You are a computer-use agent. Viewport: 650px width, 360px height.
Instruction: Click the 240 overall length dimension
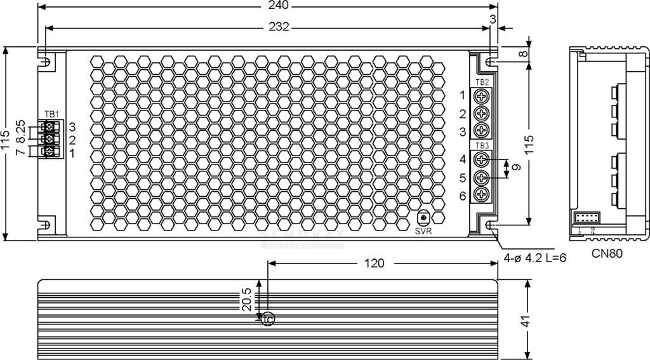coord(279,6)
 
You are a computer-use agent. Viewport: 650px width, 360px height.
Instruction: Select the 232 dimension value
coord(279,27)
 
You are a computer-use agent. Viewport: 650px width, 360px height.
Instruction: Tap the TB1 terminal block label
coord(52,114)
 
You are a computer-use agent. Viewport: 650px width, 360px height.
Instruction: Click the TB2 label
coord(482,82)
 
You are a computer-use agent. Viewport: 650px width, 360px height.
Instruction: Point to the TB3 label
coord(482,146)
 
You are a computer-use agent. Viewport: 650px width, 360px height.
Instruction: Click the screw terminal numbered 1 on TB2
coord(482,96)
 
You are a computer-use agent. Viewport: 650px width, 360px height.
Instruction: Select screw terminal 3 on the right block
coord(482,131)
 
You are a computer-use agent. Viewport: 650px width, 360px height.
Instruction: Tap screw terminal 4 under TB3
coord(482,159)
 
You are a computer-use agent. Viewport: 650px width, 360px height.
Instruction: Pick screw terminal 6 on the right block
coord(482,194)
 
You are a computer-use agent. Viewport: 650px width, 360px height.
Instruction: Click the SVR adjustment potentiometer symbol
coord(423,217)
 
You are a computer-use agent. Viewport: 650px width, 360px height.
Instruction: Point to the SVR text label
coord(423,230)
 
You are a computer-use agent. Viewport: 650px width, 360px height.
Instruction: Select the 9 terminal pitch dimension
coord(517,168)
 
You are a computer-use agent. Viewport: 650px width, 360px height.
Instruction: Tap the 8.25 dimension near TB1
coord(20,131)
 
